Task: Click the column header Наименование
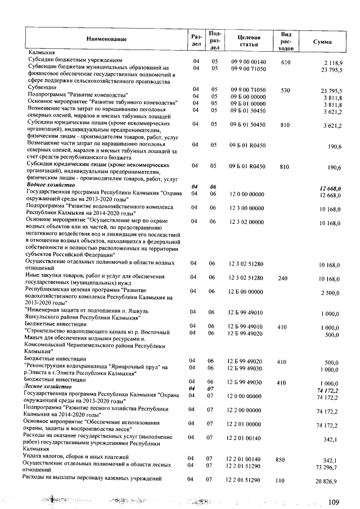tap(106, 39)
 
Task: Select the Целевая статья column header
tap(248, 39)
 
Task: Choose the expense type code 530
tap(285, 89)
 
